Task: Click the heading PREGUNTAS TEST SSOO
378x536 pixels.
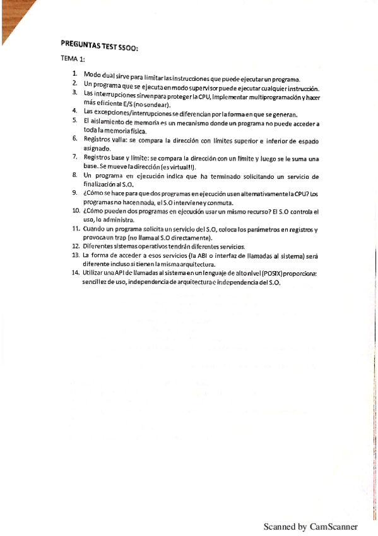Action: click(100, 46)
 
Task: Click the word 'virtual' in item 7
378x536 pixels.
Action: click(178, 166)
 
